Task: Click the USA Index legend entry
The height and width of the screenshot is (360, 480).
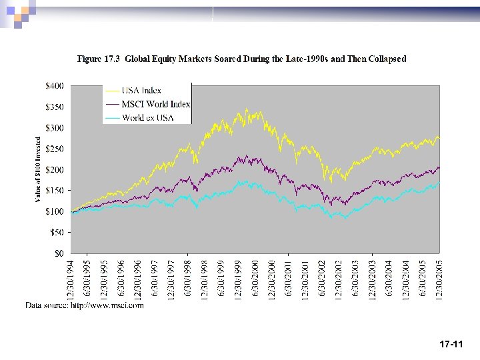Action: click(141, 91)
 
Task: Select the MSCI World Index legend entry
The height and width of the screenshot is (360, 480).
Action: click(155, 104)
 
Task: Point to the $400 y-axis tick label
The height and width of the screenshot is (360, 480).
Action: click(55, 85)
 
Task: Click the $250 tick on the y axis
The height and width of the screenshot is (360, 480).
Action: click(55, 149)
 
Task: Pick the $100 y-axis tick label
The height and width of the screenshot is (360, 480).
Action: click(55, 211)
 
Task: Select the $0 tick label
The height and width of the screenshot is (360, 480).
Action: click(59, 253)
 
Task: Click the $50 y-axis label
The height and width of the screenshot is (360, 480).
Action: click(57, 233)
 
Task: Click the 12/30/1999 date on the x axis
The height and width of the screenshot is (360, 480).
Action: click(239, 278)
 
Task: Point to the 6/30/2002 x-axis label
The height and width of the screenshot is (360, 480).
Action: click(321, 279)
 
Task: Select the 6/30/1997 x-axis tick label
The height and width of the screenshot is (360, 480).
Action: click(155, 279)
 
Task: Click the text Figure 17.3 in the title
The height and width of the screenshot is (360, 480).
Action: click(99, 59)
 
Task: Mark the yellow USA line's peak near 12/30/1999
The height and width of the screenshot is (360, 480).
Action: click(247, 109)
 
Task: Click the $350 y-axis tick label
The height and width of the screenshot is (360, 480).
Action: click(55, 107)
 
